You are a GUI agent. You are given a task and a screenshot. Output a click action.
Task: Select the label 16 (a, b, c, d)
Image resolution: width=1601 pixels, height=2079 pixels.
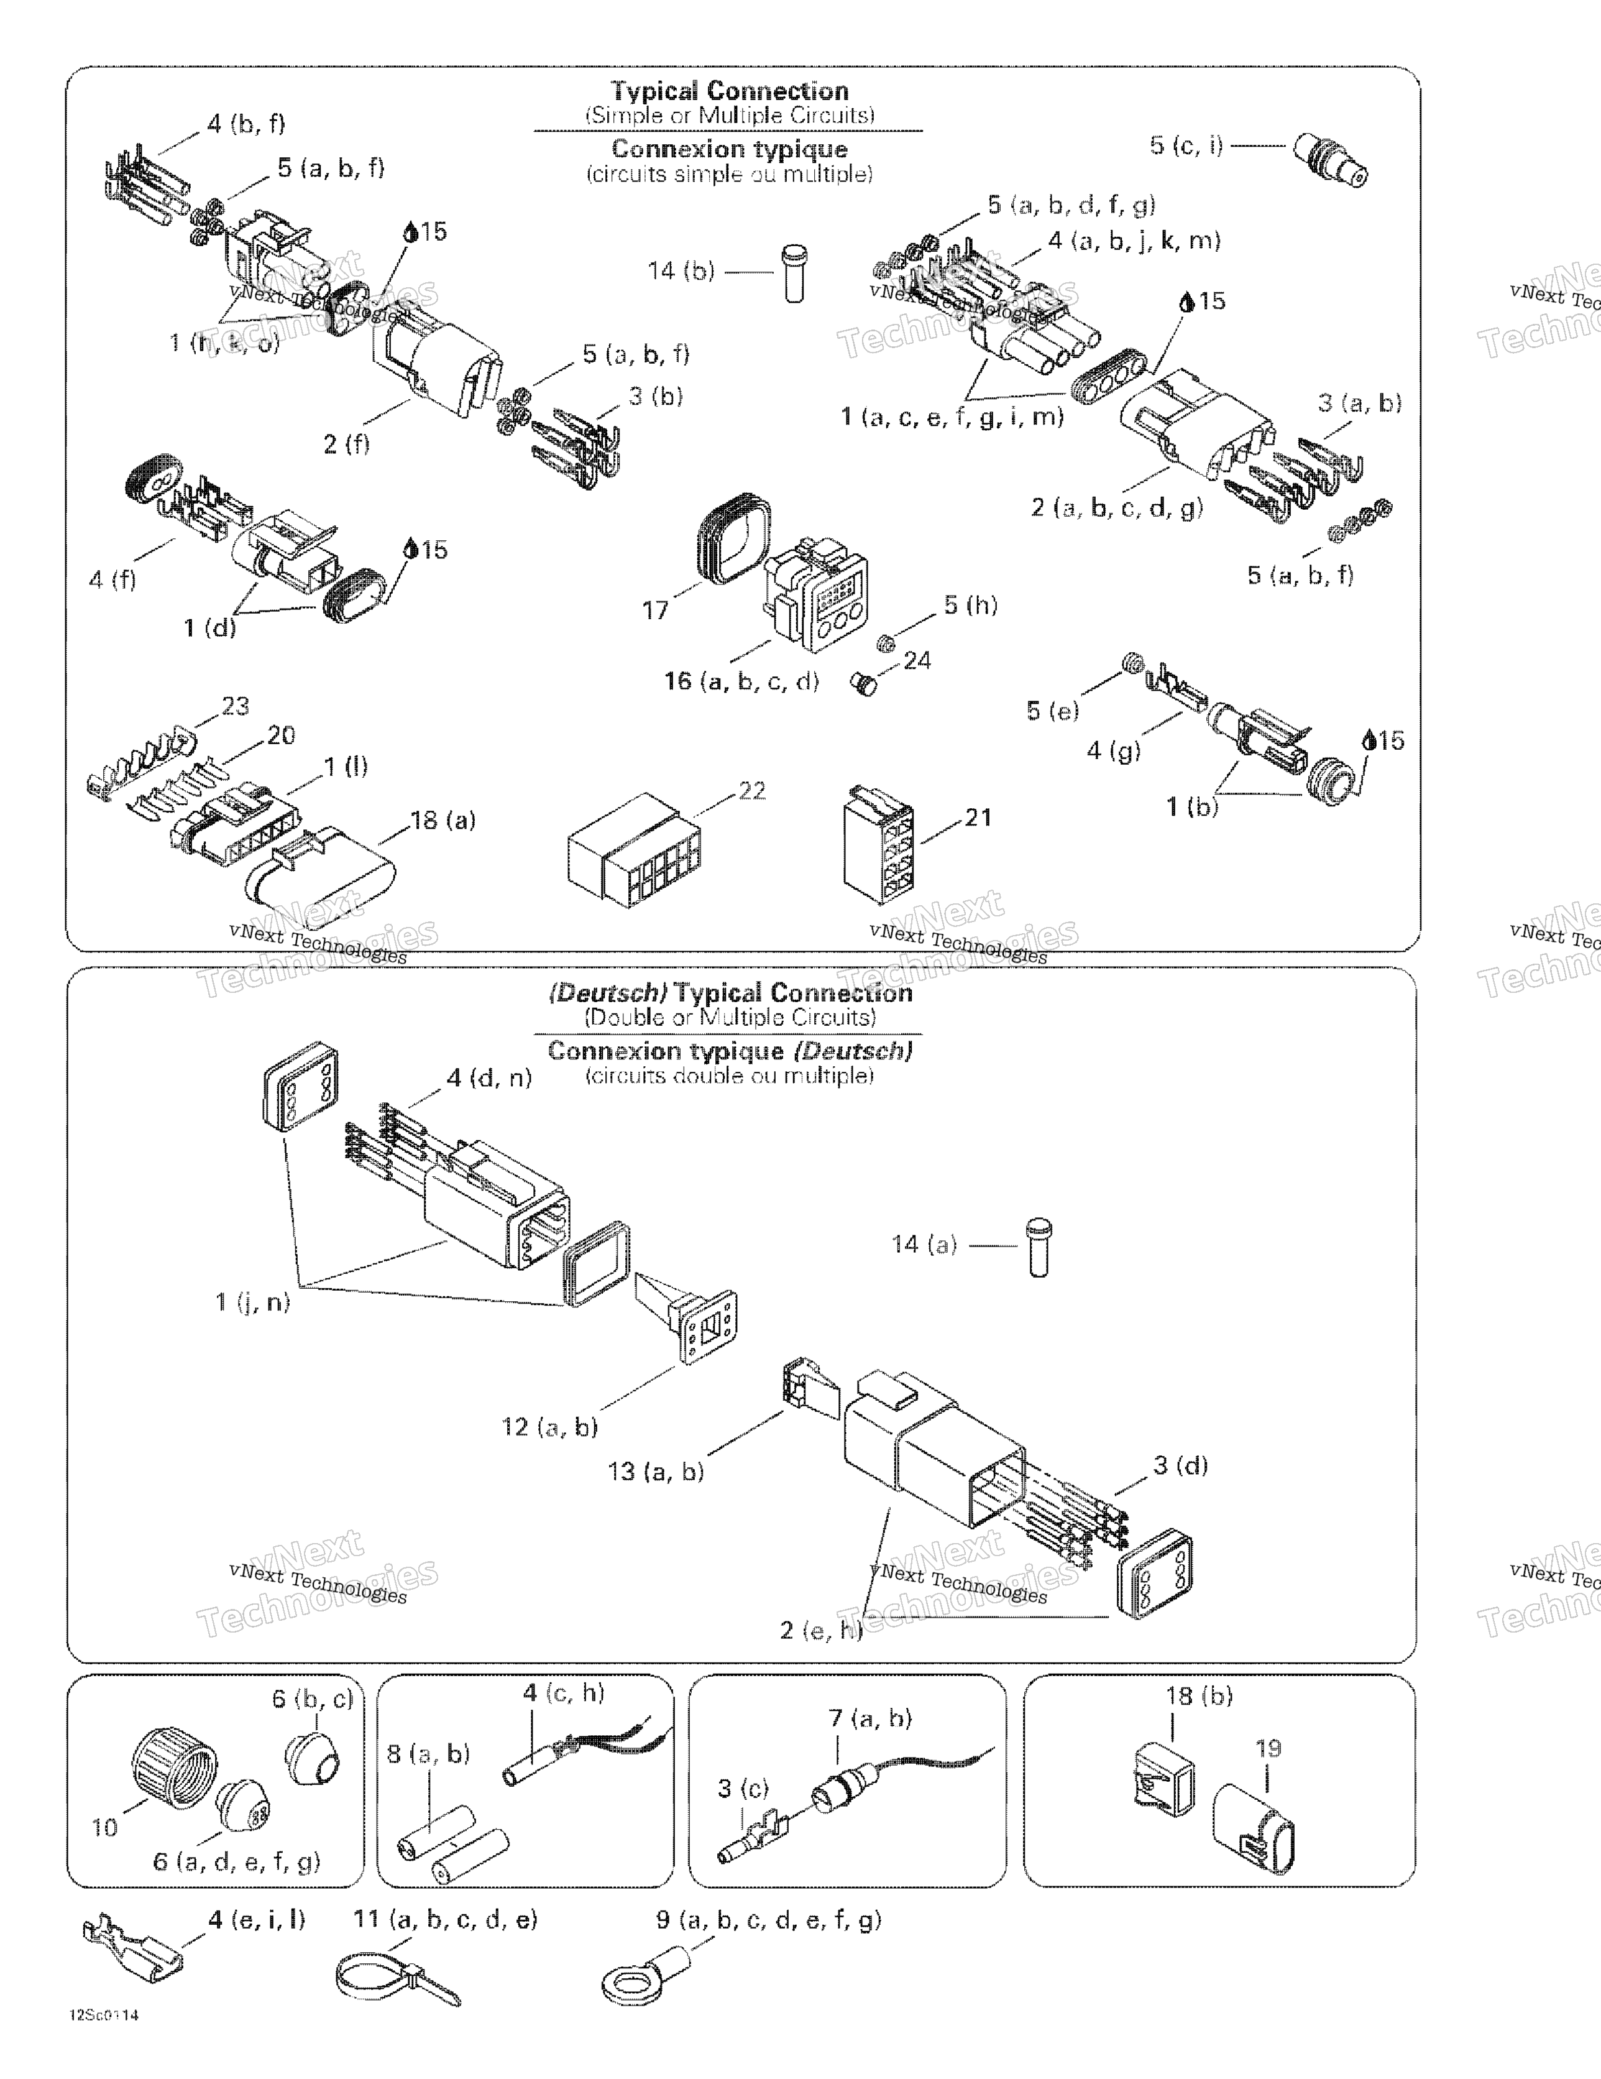[x=741, y=681]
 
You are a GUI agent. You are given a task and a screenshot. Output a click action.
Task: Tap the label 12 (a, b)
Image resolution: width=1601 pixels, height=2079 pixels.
[x=549, y=1427]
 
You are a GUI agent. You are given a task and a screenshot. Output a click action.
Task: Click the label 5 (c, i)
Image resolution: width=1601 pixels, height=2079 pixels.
[x=1186, y=145]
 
